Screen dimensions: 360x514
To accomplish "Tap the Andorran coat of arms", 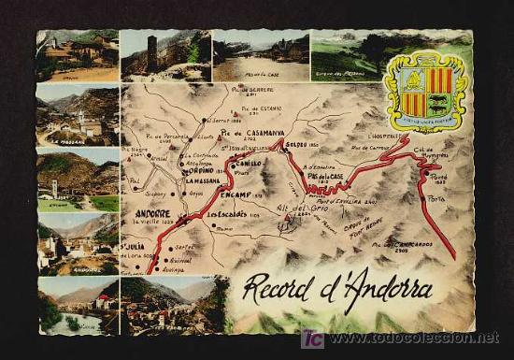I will click(425, 92).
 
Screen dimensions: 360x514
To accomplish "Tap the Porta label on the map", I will click(437, 197).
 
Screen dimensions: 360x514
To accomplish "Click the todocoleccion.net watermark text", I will click(409, 338).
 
